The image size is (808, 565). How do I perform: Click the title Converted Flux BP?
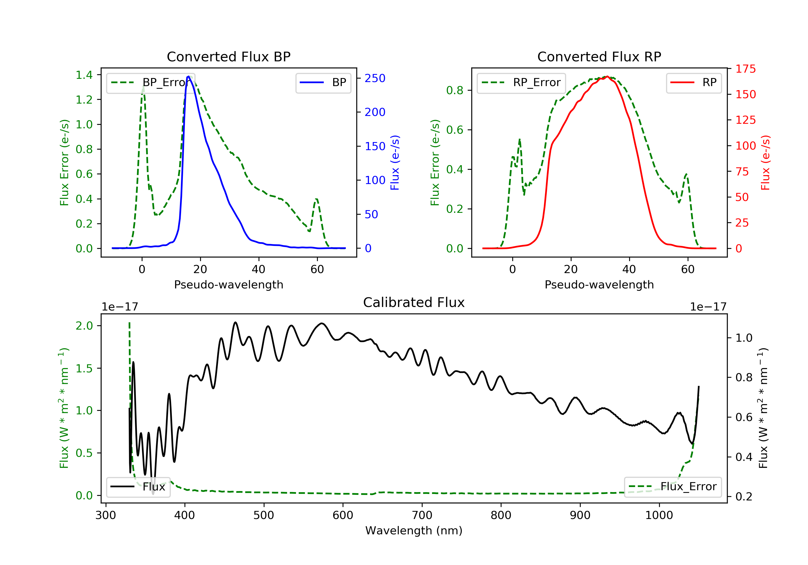[228, 56]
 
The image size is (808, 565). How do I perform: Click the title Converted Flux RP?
[599, 56]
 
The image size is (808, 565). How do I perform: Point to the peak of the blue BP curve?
[189, 76]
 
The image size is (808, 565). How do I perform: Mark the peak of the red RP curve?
[607, 76]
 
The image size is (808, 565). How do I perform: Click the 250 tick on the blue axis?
[375, 78]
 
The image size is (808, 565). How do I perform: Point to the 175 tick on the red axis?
[745, 69]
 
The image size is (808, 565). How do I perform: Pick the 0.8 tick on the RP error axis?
[455, 90]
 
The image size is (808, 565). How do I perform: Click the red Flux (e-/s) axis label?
[765, 163]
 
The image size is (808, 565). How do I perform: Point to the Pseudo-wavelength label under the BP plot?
[228, 284]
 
